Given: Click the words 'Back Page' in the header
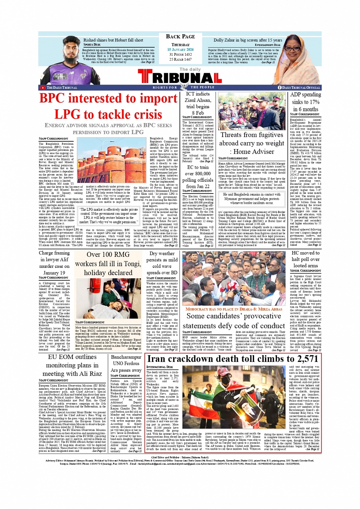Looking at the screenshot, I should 180,37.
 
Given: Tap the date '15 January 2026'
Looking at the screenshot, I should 180,50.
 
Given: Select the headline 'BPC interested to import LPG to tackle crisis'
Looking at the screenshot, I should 108,106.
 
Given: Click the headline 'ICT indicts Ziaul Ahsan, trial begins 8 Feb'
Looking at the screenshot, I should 198,103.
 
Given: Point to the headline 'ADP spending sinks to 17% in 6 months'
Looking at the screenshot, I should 305,102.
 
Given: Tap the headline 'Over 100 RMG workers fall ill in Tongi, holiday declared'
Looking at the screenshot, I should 108,264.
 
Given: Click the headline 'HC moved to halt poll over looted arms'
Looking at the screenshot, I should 305,259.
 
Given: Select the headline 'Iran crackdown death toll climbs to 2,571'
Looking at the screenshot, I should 232,359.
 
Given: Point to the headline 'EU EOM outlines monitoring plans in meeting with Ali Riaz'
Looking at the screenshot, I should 72,365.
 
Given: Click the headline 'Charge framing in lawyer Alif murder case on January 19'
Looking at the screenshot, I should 54,263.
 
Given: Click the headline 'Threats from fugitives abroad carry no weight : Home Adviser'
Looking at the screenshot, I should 252,143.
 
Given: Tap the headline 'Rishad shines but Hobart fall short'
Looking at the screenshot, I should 113,40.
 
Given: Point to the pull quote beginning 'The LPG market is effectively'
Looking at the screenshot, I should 108,216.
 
